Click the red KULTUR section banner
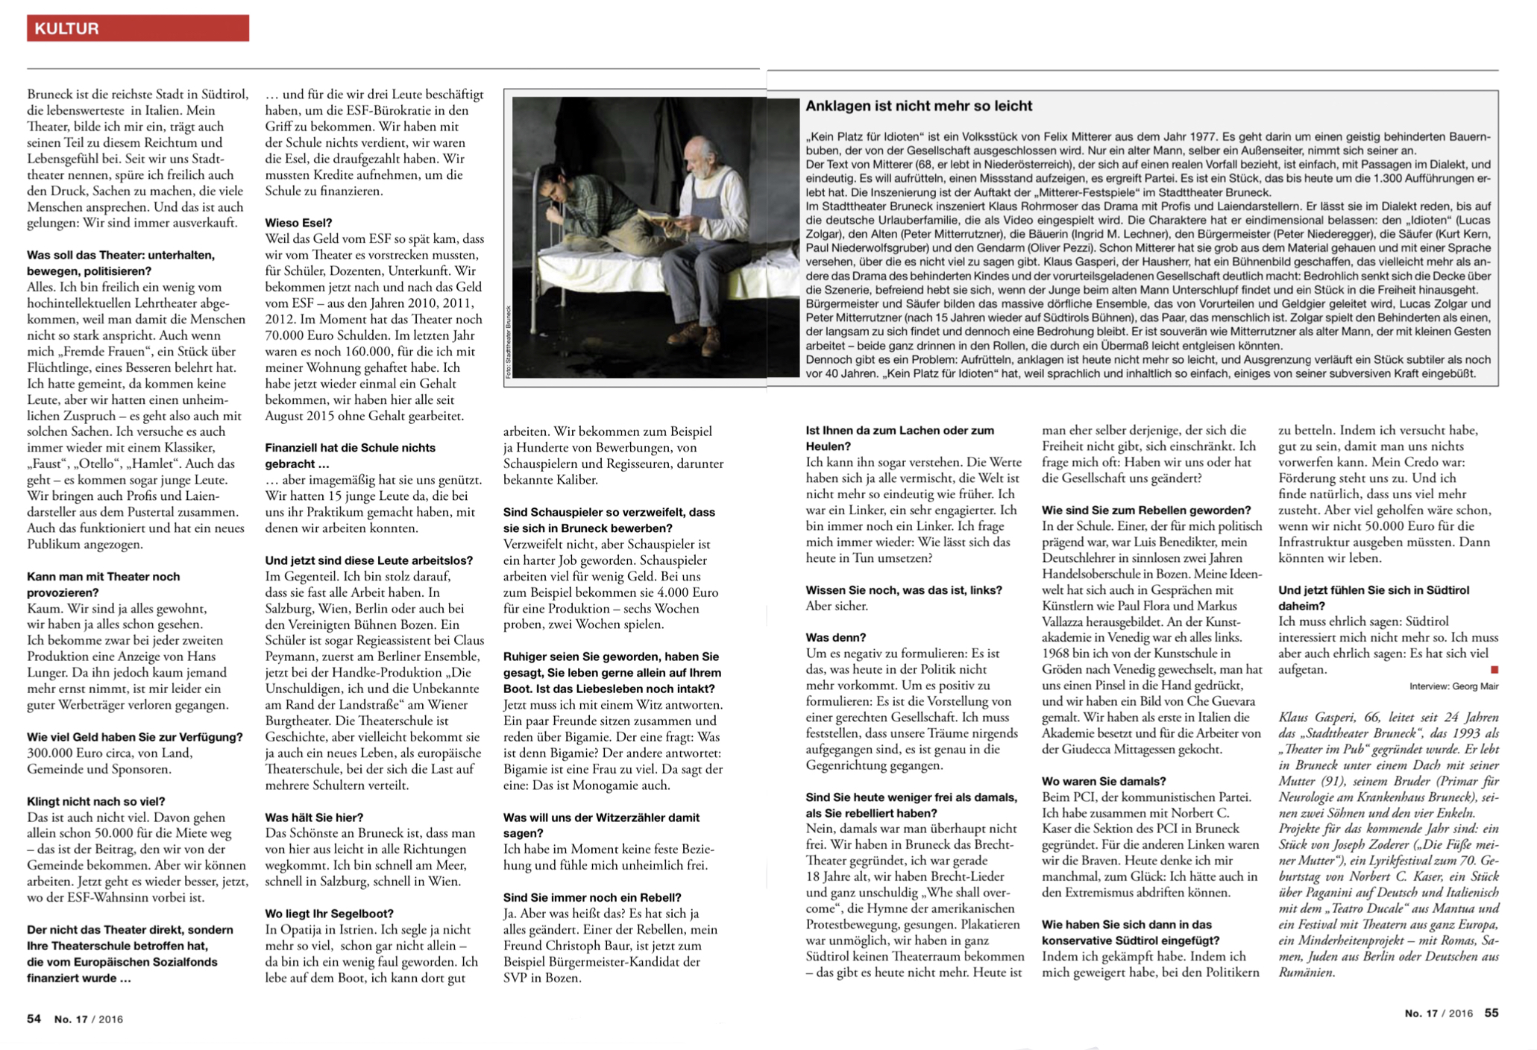138,28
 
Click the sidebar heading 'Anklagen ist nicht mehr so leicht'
918,106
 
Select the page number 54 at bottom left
34,1019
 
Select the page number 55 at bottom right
1491,1013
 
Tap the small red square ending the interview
1494,670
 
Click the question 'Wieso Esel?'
298,223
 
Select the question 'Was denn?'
835,638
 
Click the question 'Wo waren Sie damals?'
1103,781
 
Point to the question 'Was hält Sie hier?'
314,817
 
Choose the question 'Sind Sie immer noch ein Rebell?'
592,898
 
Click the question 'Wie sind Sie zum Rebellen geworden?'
1145,510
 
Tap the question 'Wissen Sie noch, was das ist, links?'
903,590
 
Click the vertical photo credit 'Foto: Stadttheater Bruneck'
509,342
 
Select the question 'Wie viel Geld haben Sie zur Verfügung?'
134,737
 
